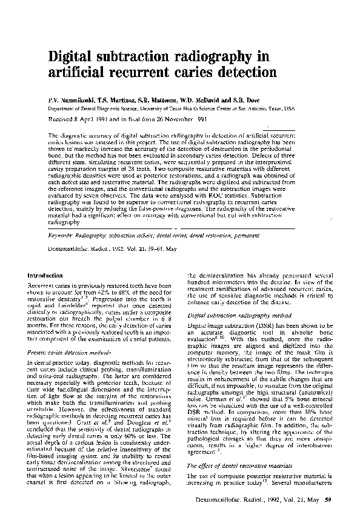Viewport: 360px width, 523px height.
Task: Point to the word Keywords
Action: click(x=62, y=233)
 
